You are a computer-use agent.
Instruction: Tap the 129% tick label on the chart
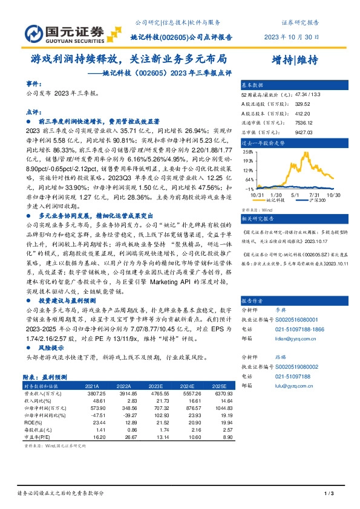pyautogui.click(x=248, y=161)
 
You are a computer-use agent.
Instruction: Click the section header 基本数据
pyautogui.click(x=253, y=85)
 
